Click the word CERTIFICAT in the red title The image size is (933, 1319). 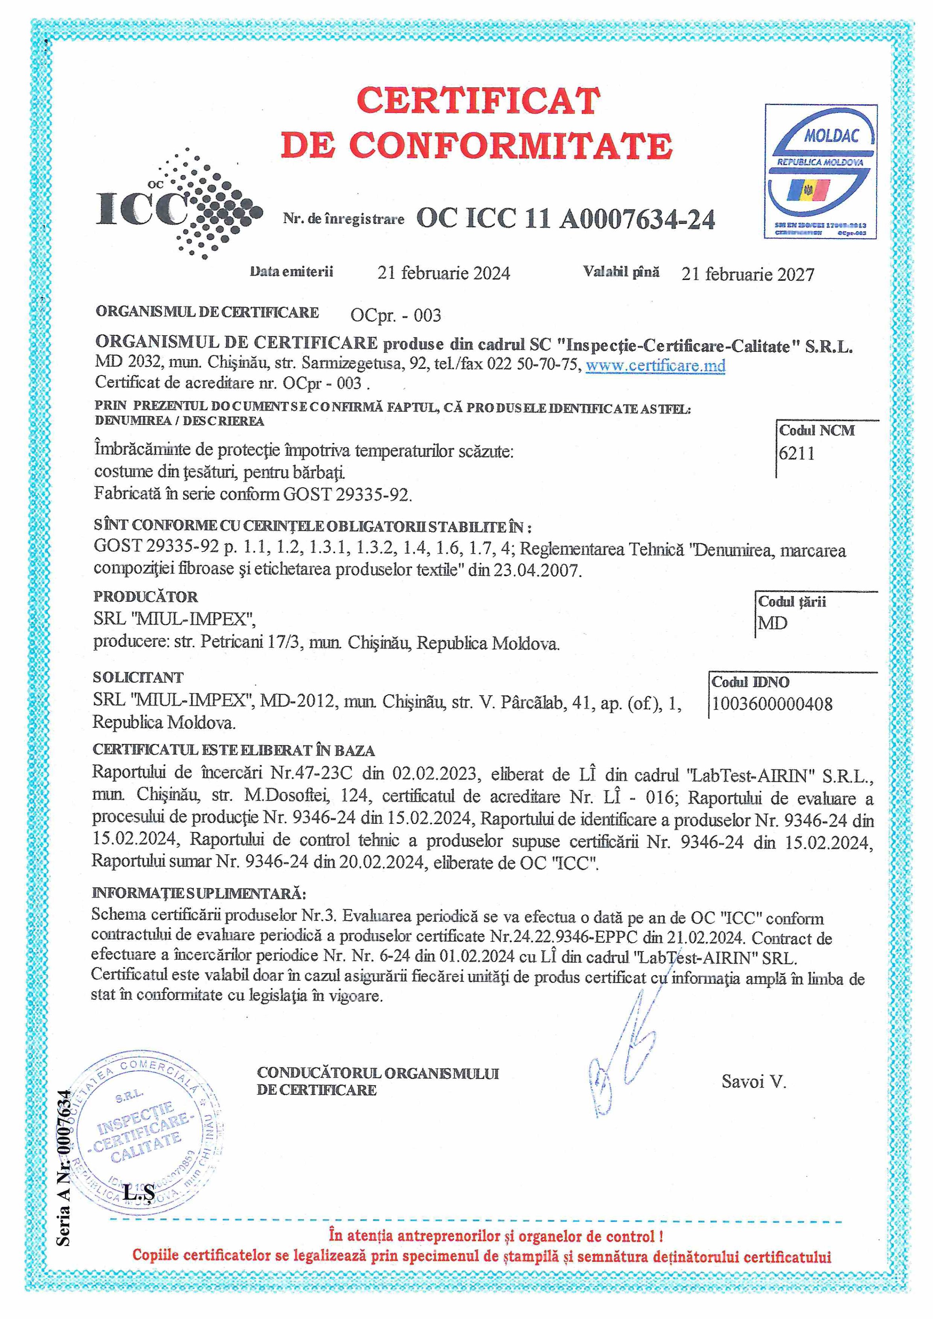point(478,101)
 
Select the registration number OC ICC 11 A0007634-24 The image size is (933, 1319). point(565,219)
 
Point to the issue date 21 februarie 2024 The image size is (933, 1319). point(443,273)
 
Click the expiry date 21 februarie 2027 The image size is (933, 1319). point(748,274)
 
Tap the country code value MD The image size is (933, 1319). point(773,623)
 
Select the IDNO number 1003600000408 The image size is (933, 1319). point(772,704)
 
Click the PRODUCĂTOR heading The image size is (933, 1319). point(146,596)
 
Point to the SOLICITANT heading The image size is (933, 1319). point(138,677)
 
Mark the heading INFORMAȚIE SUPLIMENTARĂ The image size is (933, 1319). point(199,893)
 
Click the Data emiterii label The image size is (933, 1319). point(291,271)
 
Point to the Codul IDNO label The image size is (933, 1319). point(750,682)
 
